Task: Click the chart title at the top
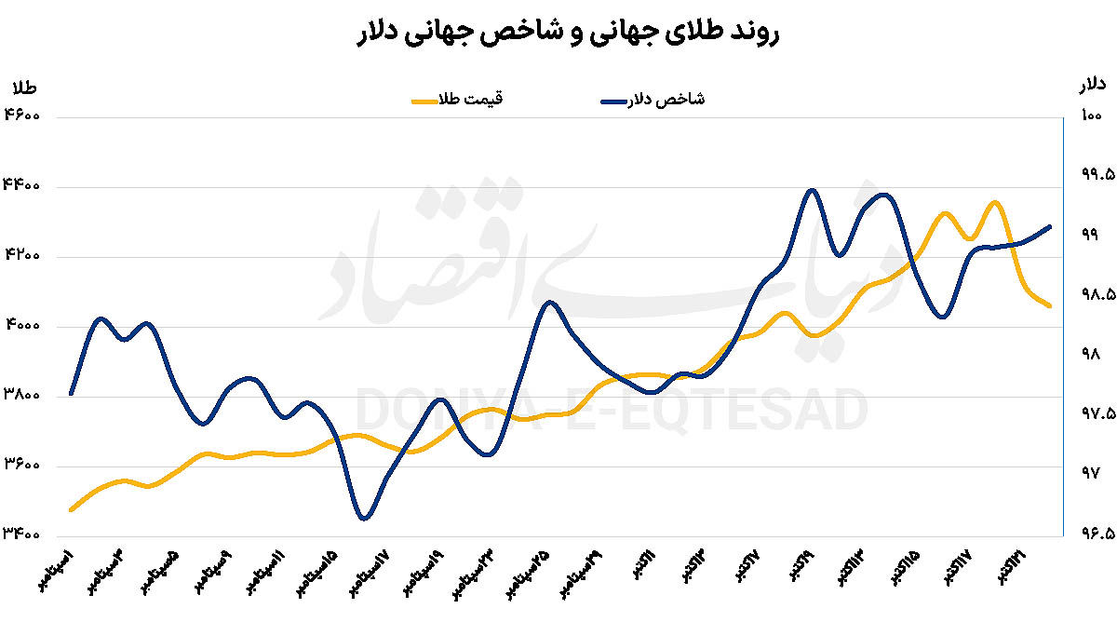coord(558,34)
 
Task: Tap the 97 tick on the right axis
coord(1090,474)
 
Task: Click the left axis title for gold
coord(23,88)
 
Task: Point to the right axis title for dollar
coord(1092,86)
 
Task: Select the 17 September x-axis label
coord(371,572)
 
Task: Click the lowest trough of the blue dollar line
coord(363,518)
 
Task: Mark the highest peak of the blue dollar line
coord(813,190)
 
